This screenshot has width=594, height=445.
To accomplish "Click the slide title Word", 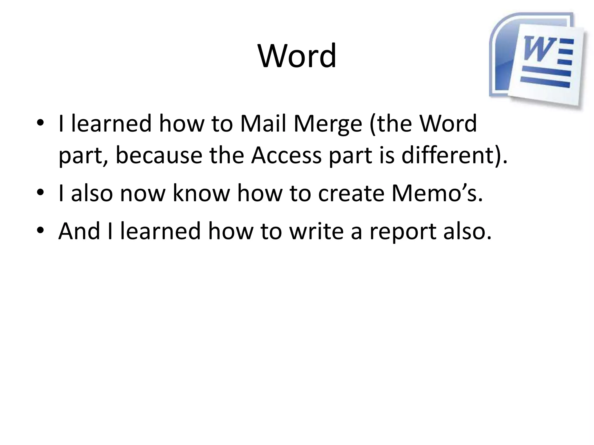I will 297,56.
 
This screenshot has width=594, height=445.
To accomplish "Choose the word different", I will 451,155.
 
